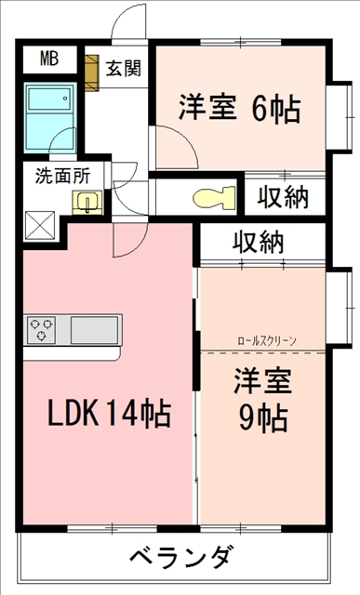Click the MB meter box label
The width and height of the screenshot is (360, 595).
coord(49,59)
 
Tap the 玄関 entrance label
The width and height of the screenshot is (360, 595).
coord(123,68)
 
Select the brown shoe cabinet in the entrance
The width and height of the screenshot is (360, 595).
coord(91,73)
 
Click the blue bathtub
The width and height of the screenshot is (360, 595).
coord(50,118)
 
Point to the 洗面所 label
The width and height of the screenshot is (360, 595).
coord(62,176)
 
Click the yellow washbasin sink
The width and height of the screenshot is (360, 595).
coord(87,203)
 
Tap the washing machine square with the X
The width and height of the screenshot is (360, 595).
coord(40,226)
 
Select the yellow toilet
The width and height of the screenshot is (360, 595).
coord(214,197)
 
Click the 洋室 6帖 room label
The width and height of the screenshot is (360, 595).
coord(240,108)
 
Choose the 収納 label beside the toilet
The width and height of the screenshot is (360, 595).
coord(283,197)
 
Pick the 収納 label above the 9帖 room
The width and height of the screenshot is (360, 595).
coord(259,242)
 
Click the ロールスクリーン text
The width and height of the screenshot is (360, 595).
coord(267,341)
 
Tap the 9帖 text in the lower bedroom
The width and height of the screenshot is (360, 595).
coord(262,418)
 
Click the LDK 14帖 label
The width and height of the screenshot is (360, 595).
coord(110,413)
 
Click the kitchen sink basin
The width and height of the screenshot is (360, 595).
coord(94,330)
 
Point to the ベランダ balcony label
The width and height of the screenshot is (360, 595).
coord(180,557)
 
